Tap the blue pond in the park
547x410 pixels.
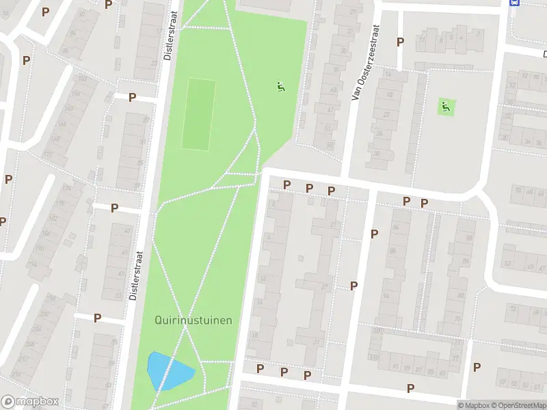click(168, 371)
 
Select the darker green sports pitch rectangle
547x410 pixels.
click(198, 114)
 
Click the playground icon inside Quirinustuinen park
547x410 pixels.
click(280, 87)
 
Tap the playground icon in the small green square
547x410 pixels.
click(446, 106)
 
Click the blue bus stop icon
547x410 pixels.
click(514, 3)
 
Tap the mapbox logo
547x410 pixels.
click(30, 401)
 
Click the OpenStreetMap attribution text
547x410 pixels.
click(522, 405)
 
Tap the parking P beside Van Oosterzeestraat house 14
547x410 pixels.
click(400, 42)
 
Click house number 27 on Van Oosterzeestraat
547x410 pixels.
click(353, 12)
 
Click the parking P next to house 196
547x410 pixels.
click(97, 318)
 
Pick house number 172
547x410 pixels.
click(47, 153)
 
